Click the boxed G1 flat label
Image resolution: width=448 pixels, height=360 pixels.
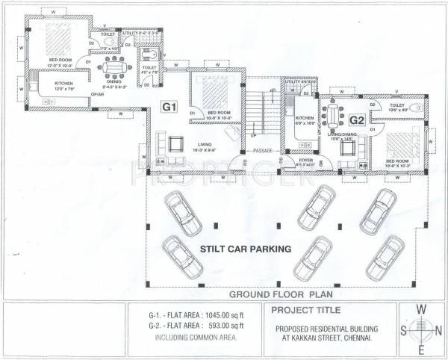(169, 108)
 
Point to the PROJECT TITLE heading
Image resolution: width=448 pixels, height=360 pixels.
(306, 310)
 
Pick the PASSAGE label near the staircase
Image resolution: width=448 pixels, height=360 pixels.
(263, 150)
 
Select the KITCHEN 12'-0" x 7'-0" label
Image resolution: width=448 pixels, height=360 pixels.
(63, 85)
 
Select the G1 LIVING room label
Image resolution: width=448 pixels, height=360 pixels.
(202, 146)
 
